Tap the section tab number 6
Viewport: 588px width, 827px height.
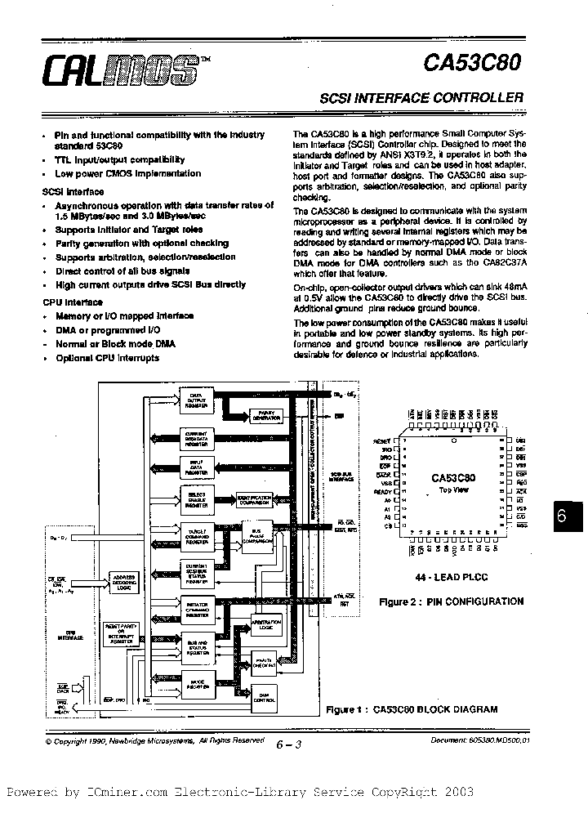[x=562, y=516]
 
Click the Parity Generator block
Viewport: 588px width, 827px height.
[x=263, y=415]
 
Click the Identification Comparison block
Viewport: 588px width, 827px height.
[x=255, y=499]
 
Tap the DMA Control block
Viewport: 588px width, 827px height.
[x=263, y=696]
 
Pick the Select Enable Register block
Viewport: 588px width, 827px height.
[x=196, y=498]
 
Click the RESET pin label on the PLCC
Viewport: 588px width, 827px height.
[x=382, y=440]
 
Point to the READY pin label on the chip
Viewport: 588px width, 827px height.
[x=382, y=491]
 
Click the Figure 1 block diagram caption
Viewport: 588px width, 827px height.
[x=411, y=709]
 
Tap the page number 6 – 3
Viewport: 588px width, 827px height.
[x=288, y=744]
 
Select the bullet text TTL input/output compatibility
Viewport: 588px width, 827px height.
[x=119, y=160]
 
